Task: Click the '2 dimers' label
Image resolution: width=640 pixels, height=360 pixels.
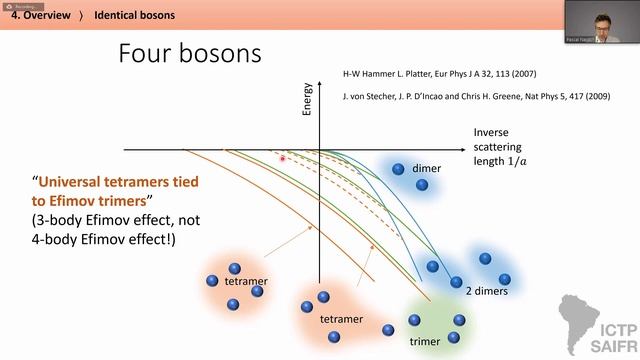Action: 488,290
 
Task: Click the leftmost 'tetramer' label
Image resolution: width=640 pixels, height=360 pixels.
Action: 245,282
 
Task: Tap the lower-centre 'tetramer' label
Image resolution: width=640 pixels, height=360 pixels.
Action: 340,319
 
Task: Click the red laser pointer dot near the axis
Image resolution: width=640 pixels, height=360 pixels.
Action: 283,158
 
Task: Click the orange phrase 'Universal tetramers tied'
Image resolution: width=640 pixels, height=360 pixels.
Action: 119,183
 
